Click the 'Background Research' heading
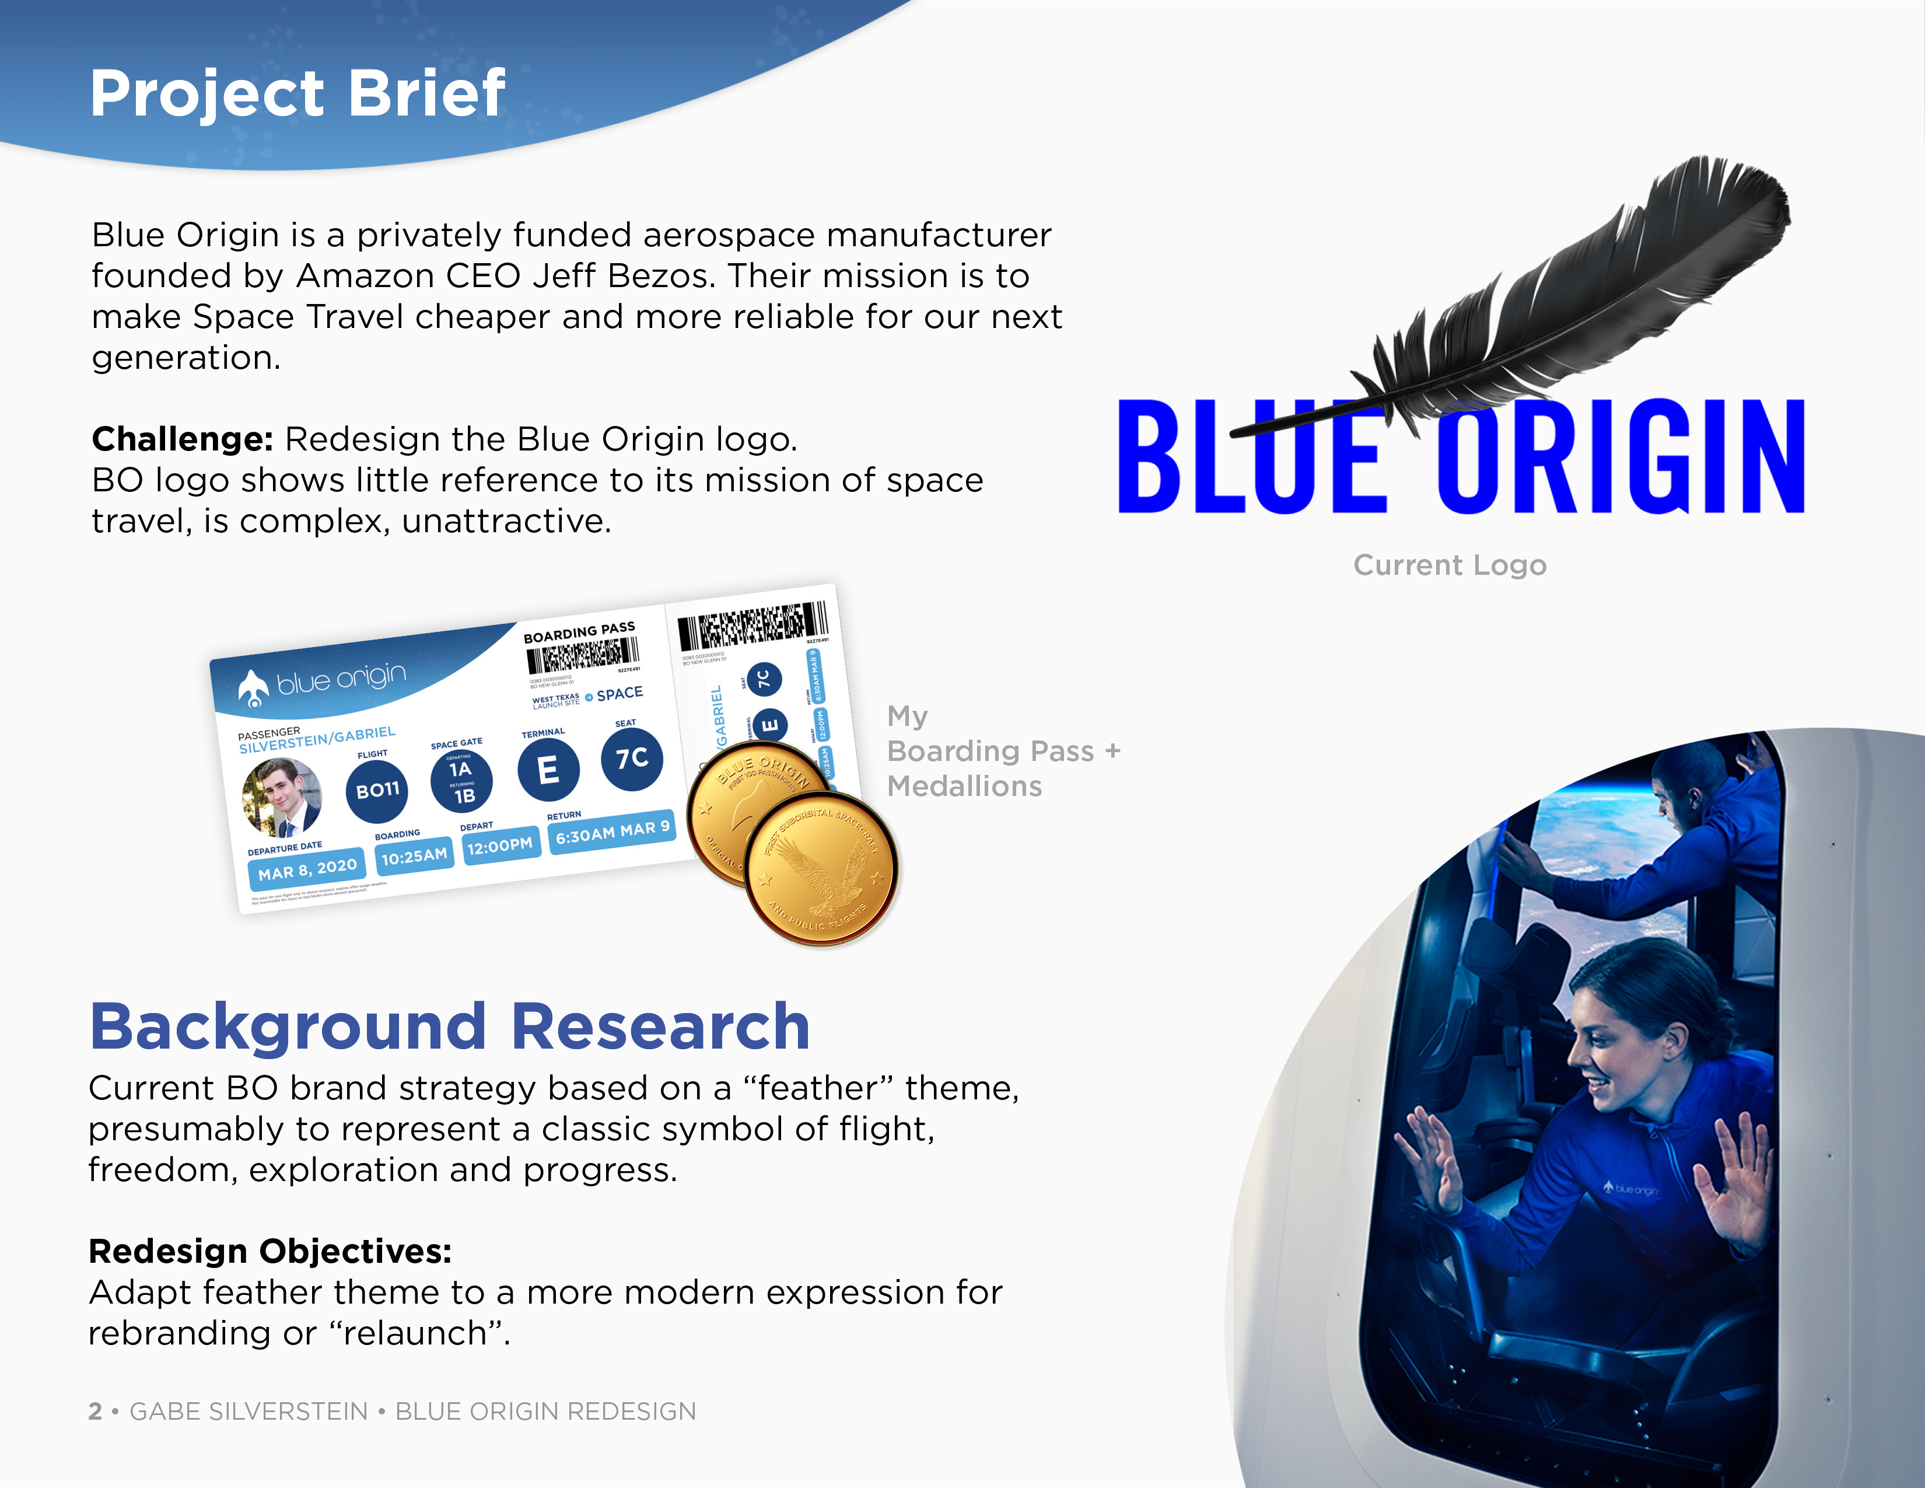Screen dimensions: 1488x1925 point(450,1027)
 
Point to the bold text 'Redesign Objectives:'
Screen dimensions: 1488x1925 point(269,1251)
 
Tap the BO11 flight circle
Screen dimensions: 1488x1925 point(377,790)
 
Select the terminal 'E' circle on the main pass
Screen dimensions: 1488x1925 point(547,770)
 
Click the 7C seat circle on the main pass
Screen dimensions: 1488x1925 point(631,758)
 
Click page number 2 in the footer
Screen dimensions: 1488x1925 point(95,1412)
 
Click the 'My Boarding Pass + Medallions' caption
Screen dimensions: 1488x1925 point(1002,751)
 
